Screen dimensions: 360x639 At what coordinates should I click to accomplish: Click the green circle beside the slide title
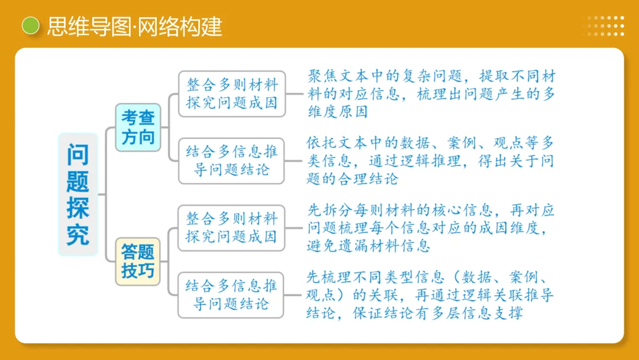[x=30, y=25]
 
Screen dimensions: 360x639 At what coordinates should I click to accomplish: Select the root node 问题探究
[x=78, y=194]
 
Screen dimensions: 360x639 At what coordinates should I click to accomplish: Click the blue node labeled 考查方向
[x=138, y=127]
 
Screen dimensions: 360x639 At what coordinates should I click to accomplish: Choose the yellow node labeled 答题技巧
[x=138, y=261]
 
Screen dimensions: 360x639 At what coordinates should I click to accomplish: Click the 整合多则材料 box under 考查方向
[x=232, y=93]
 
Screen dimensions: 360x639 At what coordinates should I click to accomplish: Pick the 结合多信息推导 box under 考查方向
[x=232, y=160]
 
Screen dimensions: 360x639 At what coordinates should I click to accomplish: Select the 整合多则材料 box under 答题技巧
[x=232, y=227]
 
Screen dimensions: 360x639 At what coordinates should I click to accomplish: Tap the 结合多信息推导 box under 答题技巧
[x=232, y=295]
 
